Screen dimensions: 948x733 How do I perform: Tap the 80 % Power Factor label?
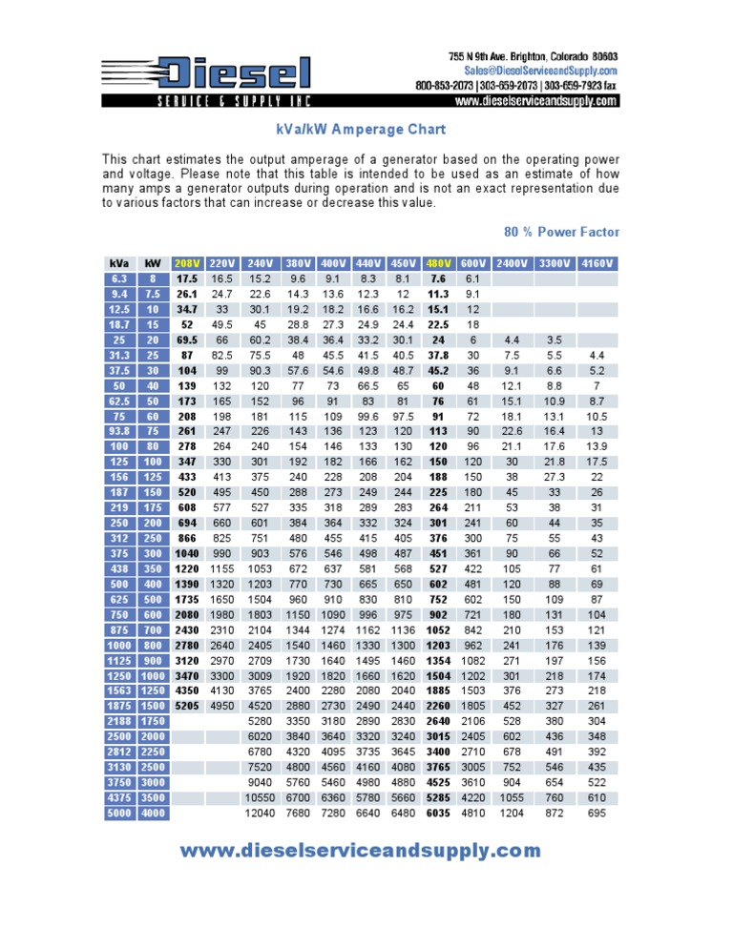(x=561, y=232)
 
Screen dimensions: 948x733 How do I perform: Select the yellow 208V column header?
(x=187, y=263)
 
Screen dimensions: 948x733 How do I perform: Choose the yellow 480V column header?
(x=439, y=263)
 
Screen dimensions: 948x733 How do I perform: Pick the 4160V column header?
(x=597, y=263)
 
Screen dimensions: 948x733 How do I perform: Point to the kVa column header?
(x=119, y=263)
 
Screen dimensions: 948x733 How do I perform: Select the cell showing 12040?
(x=260, y=813)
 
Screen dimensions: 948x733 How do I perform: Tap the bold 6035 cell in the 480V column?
(x=438, y=813)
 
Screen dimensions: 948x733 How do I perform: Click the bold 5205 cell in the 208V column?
(x=187, y=706)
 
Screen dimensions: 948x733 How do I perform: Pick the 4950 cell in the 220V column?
(x=222, y=706)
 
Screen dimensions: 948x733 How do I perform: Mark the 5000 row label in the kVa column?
(x=119, y=813)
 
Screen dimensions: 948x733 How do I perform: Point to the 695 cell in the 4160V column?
(x=597, y=813)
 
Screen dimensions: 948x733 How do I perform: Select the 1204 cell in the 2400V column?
(x=512, y=813)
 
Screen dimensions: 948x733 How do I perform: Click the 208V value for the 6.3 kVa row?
(x=187, y=278)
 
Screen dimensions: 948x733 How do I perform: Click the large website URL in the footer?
(x=360, y=850)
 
